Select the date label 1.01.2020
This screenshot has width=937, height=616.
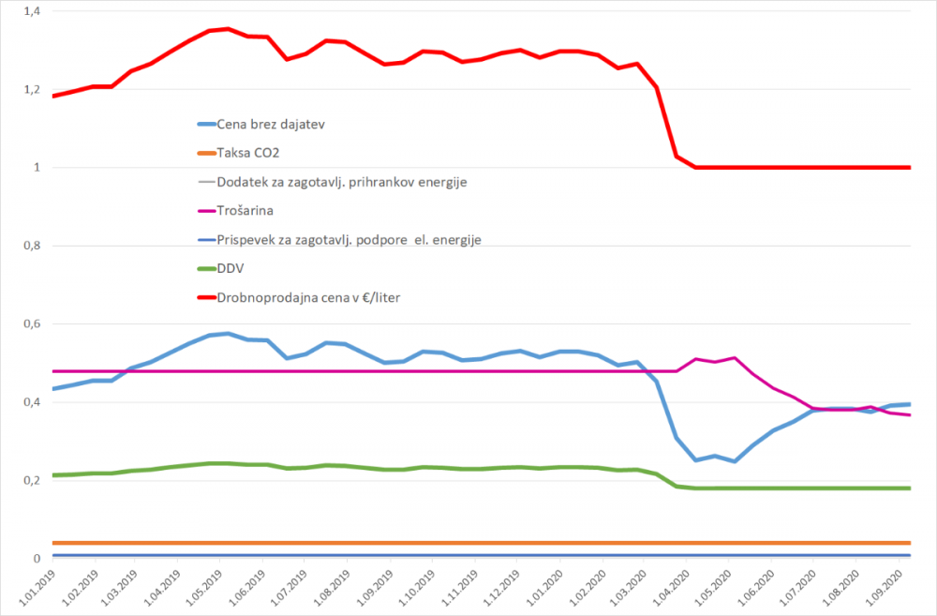[x=547, y=589]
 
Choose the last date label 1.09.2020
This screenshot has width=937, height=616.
[x=890, y=589]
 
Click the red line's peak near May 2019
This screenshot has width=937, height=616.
[x=228, y=28]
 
